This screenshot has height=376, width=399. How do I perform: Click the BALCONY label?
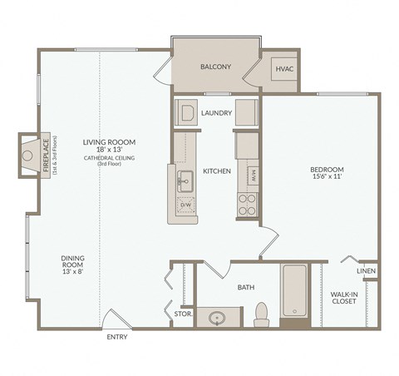pos(215,67)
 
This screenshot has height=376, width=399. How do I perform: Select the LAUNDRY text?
pos(216,112)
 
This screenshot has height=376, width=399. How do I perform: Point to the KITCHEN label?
pos(217,171)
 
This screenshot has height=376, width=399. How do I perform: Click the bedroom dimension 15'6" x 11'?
pos(327,177)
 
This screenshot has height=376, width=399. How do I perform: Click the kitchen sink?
pos(185,176)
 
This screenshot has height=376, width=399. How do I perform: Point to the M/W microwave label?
pos(253,176)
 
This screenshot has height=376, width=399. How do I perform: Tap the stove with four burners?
pos(248,205)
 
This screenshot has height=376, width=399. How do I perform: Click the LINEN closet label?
pos(366,271)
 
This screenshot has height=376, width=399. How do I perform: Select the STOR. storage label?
pos(183,314)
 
